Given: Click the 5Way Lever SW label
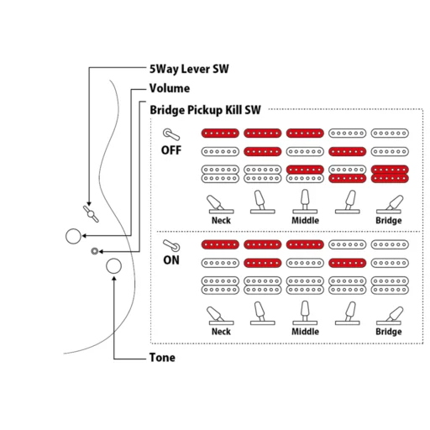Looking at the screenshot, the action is click(x=189, y=69).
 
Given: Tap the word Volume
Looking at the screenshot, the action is click(x=170, y=88).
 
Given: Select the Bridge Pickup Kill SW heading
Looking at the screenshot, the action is click(x=205, y=110).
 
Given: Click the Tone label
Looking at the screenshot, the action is click(x=162, y=358).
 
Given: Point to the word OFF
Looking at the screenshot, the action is click(x=171, y=150).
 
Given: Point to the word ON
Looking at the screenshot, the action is click(x=171, y=260).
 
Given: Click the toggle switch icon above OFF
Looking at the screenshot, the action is click(x=171, y=134).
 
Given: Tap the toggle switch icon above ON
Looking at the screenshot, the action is click(x=171, y=245).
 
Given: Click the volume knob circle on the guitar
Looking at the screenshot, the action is click(x=73, y=236).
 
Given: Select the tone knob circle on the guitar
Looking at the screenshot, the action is click(x=114, y=266).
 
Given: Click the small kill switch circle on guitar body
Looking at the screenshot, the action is click(x=95, y=251).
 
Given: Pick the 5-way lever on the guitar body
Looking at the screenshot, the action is click(x=91, y=214).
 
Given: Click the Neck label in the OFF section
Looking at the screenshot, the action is click(x=221, y=220).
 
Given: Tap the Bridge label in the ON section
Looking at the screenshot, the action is click(x=389, y=332).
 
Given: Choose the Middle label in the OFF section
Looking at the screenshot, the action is click(x=305, y=220).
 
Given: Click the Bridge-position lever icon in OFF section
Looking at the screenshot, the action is click(x=389, y=204).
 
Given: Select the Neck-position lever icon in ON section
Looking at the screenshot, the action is click(x=221, y=316).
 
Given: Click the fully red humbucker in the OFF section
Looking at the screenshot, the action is click(x=390, y=174).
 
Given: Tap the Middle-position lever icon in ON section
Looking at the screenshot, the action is click(x=305, y=312).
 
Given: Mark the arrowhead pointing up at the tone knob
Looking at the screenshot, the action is click(x=114, y=279).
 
